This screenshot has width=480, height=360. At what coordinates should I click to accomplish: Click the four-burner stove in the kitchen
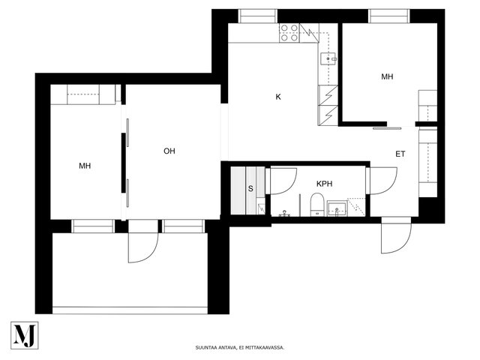(289, 33)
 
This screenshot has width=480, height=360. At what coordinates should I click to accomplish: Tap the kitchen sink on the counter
(328, 58)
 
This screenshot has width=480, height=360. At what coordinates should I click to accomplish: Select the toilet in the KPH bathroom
(316, 205)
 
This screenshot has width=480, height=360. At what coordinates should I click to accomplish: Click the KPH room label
(324, 184)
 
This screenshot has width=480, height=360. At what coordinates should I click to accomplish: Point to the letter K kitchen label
(278, 97)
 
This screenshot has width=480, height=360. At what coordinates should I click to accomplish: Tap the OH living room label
(169, 151)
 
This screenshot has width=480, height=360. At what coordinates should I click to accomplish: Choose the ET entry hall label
(400, 154)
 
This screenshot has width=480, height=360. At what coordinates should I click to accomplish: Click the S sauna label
(250, 188)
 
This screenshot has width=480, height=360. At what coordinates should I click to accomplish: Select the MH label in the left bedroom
(85, 166)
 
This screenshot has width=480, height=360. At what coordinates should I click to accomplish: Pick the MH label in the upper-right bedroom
(387, 76)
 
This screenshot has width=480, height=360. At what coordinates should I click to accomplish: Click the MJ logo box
(25, 335)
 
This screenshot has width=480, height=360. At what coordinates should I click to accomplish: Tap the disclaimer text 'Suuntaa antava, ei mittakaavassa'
(240, 347)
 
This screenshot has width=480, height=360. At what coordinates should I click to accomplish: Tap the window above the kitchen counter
(258, 16)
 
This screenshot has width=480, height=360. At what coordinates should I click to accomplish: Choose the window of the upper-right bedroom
(388, 16)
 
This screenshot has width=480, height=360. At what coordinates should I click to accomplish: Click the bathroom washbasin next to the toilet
(337, 208)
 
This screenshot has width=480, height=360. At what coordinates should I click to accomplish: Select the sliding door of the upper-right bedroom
(387, 128)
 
